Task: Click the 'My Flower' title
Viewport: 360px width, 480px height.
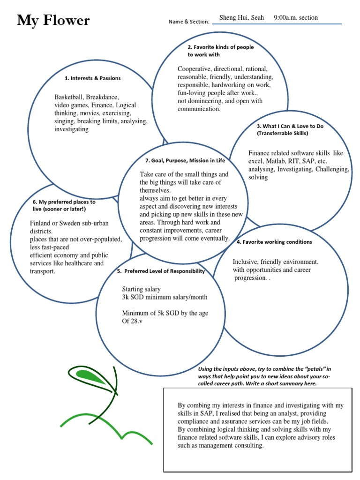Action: [53, 21]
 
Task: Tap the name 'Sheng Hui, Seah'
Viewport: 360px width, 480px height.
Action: [241, 18]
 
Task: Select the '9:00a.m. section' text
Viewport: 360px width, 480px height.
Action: [295, 18]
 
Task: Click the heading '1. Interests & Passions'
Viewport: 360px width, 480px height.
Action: [93, 78]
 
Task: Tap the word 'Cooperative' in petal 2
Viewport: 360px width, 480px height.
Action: [195, 68]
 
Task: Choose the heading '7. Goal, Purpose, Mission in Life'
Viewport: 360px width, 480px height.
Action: [185, 160]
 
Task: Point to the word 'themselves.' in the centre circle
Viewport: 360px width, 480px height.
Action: [155, 190]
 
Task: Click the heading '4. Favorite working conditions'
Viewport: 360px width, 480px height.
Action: [274, 242]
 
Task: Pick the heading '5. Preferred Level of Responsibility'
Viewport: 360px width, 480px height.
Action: [161, 271]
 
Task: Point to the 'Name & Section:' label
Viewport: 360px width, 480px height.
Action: [187, 22]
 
